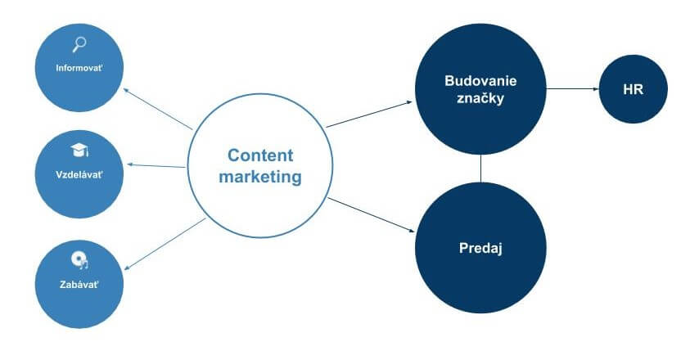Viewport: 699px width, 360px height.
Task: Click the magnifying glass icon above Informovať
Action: (79, 44)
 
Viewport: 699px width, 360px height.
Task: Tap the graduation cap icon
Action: (79, 151)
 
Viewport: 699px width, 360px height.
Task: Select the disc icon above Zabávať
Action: (79, 261)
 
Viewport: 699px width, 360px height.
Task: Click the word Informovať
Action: (79, 68)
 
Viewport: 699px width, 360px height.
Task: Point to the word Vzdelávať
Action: (79, 174)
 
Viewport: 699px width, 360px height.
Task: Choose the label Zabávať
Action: (79, 284)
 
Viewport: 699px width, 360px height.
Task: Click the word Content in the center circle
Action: (260, 155)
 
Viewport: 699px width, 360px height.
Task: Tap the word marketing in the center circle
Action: (260, 177)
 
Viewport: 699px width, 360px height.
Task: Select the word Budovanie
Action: (480, 81)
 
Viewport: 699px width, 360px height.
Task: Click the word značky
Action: (480, 98)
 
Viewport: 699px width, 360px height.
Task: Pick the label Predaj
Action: (480, 248)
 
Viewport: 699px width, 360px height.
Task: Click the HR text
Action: (633, 89)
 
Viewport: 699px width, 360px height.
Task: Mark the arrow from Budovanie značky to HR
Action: (572, 88)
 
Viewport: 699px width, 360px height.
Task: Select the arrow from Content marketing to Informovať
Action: (158, 109)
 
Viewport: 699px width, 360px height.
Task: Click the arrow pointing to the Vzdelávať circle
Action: (156, 166)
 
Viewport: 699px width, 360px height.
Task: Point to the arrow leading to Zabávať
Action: (165, 244)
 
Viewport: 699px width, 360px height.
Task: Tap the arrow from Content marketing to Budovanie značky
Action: (369, 115)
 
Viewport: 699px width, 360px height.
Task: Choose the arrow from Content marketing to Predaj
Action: (371, 214)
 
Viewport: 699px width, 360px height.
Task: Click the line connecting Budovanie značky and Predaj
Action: (480, 169)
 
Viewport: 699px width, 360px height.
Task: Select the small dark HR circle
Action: (633, 89)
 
